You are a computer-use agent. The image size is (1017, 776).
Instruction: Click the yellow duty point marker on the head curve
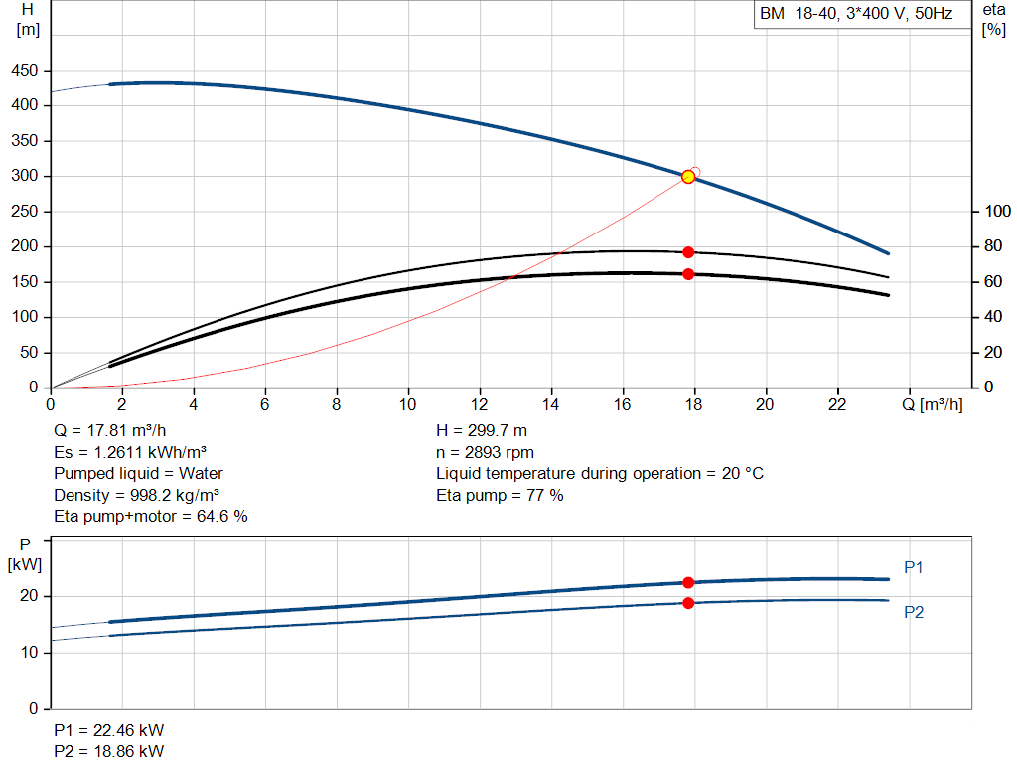688,177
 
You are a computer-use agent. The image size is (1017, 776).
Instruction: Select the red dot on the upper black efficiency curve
688,252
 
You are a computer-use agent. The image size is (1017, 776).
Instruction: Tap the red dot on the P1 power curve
688,582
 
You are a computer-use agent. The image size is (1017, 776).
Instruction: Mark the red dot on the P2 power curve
688,603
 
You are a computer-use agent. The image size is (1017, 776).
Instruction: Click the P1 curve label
914,567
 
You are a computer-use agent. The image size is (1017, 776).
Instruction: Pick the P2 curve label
914,612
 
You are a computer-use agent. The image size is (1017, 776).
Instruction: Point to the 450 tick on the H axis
25,71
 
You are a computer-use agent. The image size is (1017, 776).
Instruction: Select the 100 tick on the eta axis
997,211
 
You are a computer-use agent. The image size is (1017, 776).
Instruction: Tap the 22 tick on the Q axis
837,404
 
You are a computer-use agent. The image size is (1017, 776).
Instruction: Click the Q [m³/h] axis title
932,404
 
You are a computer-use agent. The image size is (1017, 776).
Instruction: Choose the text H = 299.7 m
482,431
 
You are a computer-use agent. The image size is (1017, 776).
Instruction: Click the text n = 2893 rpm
485,452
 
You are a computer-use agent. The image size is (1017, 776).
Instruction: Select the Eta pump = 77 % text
500,495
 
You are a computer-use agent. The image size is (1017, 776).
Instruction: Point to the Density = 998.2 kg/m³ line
136,495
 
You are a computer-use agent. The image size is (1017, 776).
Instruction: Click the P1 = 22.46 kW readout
109,730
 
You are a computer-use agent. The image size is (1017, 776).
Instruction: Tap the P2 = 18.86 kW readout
109,751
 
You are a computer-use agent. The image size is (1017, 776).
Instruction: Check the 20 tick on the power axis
29,595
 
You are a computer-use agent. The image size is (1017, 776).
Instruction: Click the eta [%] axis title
993,20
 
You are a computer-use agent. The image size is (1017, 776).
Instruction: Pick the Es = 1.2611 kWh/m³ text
130,452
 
